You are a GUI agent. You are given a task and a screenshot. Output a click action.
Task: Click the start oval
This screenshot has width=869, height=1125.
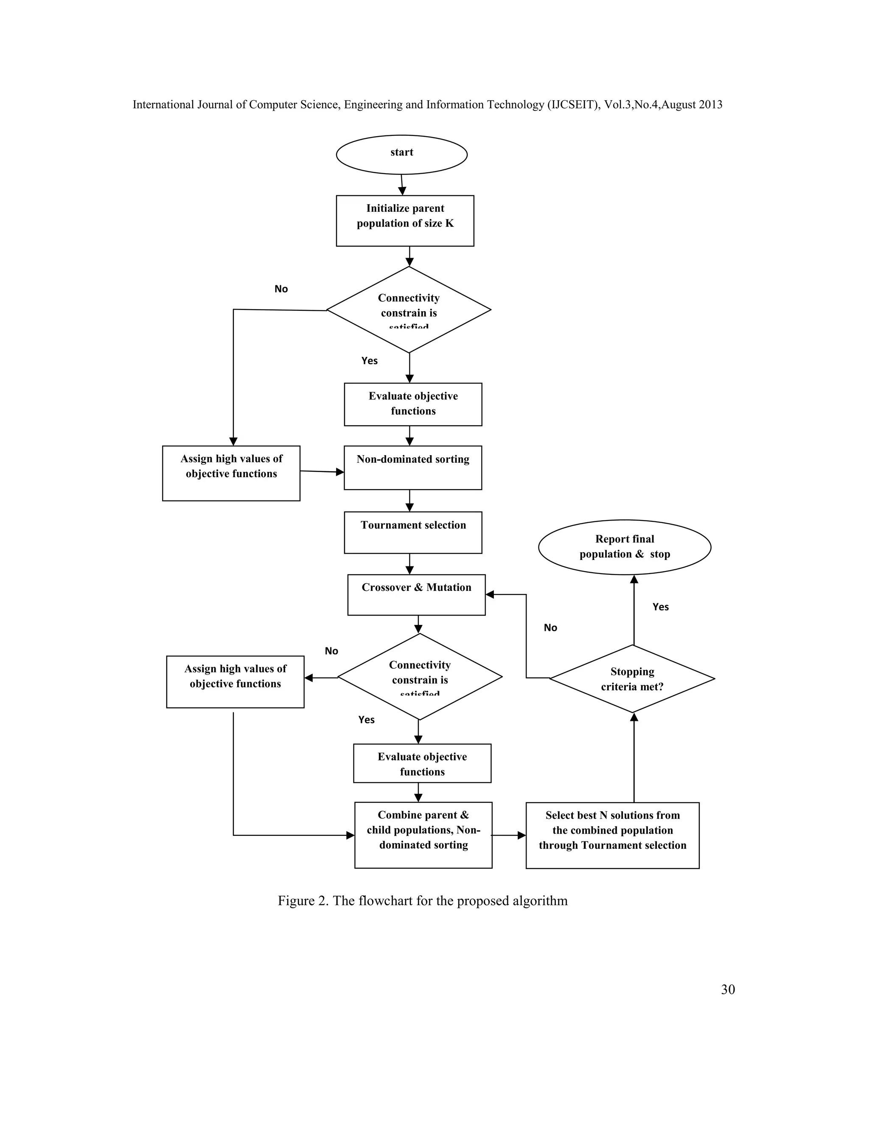click(x=401, y=155)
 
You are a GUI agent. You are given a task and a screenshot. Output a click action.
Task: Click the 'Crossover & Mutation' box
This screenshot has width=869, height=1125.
click(x=416, y=594)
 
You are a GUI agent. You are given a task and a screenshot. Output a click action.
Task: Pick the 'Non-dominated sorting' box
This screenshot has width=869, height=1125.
click(x=413, y=467)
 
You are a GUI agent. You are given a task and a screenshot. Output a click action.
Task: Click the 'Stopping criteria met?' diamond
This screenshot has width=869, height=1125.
click(x=632, y=679)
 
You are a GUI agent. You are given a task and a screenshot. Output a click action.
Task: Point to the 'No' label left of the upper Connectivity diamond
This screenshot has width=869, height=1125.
click(x=281, y=289)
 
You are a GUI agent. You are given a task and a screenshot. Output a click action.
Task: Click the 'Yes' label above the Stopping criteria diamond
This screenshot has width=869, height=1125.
click(x=661, y=607)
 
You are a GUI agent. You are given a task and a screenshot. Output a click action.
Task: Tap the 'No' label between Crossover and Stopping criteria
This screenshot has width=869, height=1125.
click(x=550, y=627)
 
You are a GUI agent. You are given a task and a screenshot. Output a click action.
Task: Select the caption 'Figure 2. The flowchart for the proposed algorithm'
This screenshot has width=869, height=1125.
click(x=423, y=900)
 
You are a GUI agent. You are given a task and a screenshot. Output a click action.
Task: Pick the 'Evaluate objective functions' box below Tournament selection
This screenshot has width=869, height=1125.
click(x=422, y=763)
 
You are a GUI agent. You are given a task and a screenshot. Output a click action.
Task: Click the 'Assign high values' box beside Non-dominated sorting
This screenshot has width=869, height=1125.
click(x=231, y=473)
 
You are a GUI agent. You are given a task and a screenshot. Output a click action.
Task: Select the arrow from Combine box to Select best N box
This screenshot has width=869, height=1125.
click(x=509, y=835)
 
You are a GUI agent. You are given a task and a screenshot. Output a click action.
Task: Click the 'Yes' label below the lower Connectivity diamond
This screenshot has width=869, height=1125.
click(x=367, y=720)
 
